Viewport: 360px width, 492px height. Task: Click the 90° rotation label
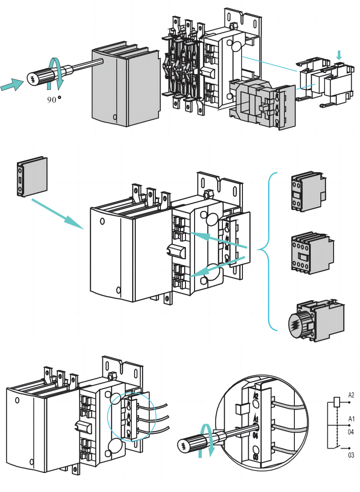(x=54, y=99)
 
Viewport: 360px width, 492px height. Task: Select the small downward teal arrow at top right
(x=338, y=55)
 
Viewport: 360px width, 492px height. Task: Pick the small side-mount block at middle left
(x=32, y=177)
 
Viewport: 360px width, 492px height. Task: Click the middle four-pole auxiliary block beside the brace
(x=312, y=252)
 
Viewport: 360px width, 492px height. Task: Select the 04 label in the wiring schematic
(x=351, y=431)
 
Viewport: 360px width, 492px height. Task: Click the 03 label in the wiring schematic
(x=351, y=455)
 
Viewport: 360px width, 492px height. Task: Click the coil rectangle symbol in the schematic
(x=336, y=401)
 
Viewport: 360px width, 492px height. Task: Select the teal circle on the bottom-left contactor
(x=131, y=416)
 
